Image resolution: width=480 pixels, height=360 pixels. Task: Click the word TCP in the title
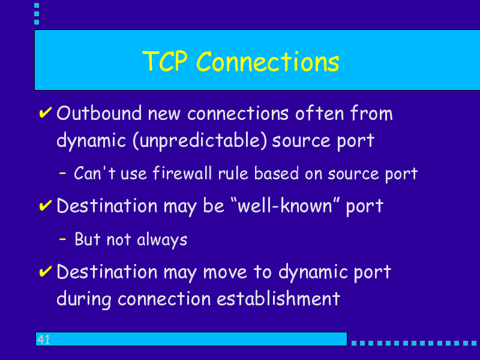coord(164,61)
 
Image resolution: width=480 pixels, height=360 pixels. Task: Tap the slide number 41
coord(43,340)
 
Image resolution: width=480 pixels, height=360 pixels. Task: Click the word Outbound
coord(99,113)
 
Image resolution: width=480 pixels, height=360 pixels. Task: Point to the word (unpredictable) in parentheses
coord(200,141)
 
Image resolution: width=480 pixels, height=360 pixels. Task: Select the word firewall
coord(182,173)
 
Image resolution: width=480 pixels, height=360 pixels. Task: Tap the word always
coord(162,239)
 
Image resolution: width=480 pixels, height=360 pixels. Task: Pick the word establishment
coord(278,298)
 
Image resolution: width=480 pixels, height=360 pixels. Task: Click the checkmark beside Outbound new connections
coord(46,112)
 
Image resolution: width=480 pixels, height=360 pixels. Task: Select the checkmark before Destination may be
coord(46,205)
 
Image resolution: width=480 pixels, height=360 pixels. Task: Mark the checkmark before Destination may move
coord(46,271)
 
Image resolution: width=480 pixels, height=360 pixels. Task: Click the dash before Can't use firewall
coord(62,173)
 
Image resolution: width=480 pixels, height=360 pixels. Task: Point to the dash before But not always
coord(62,239)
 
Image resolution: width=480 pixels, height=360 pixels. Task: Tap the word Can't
coord(95,173)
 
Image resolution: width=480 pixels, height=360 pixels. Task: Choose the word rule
coord(233,173)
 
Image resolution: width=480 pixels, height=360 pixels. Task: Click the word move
coord(225,272)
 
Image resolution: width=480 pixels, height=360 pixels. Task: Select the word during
coord(84,299)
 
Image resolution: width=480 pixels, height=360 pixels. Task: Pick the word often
coord(320,113)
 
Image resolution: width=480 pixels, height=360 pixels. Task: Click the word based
coord(277,173)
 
